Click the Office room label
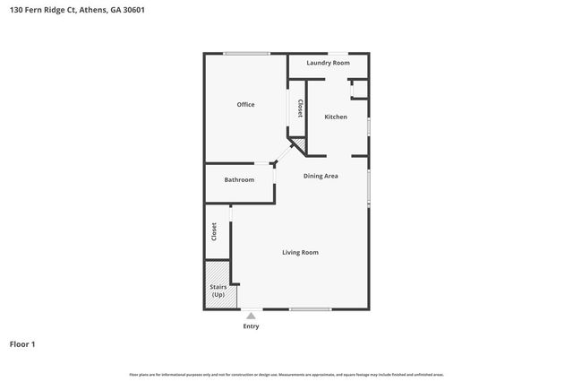245,105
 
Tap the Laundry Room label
328,63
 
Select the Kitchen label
336,117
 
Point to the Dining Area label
321,176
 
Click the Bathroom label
239,179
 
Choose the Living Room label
300,252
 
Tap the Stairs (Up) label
218,291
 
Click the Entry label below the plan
251,326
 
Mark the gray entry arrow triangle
251,316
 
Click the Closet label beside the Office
300,109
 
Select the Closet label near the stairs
214,231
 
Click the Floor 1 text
22,343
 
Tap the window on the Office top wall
247,54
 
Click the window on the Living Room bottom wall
310,309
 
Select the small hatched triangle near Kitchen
302,143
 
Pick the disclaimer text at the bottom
286,374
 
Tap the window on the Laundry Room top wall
338,54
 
